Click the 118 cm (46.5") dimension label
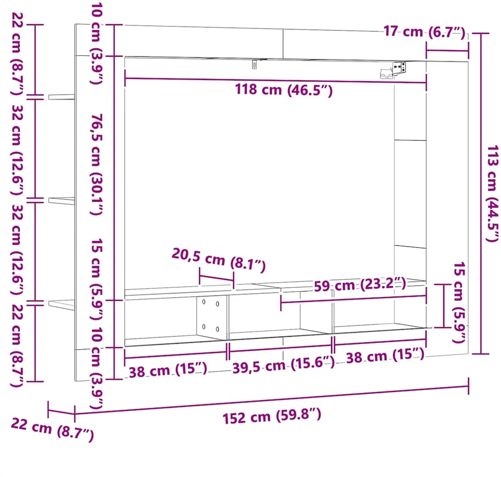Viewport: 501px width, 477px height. click(284, 90)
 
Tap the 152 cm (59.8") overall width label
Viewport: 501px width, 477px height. click(272, 417)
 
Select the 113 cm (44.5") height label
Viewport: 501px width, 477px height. click(492, 194)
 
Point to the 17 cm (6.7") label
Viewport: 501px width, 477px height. click(424, 32)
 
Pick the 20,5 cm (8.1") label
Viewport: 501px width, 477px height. click(219, 260)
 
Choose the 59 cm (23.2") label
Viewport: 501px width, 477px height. click(360, 284)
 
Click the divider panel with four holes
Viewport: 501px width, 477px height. click(211, 317)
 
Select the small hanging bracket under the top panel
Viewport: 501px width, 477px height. click(255, 64)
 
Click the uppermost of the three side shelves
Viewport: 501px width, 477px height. click(61, 97)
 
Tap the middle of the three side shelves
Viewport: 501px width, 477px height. click(61, 201)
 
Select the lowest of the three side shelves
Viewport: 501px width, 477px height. click(61, 304)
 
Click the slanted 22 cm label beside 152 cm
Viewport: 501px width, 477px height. click(52, 430)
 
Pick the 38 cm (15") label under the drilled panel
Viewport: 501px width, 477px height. click(168, 371)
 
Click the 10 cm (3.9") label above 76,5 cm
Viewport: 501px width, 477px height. click(96, 44)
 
